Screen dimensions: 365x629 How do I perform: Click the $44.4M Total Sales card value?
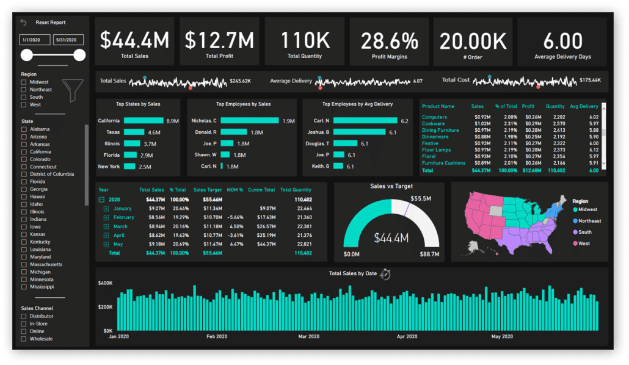click(134, 40)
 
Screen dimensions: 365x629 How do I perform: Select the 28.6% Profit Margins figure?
click(390, 41)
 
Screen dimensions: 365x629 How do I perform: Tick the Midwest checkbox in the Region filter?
click(24, 82)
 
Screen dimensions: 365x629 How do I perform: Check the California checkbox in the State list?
click(24, 152)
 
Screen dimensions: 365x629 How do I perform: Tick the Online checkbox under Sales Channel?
click(24, 331)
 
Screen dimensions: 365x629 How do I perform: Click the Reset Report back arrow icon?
click(24, 23)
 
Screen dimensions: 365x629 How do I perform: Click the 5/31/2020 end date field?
click(68, 40)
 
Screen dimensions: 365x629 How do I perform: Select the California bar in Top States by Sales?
click(144, 121)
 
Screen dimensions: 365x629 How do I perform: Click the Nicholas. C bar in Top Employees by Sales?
click(249, 121)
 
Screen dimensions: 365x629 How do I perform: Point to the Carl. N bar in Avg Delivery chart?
click(365, 121)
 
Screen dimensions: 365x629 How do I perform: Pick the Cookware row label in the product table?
click(433, 124)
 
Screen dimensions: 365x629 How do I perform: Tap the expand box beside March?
click(106, 226)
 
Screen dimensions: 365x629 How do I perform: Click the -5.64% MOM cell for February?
click(235, 217)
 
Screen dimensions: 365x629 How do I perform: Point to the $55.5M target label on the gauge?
click(421, 199)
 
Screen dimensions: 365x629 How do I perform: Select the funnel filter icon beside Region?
click(76, 91)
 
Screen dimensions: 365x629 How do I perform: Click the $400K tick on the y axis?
click(105, 283)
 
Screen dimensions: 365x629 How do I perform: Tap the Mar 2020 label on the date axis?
click(308, 336)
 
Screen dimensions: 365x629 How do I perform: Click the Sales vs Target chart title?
click(391, 186)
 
